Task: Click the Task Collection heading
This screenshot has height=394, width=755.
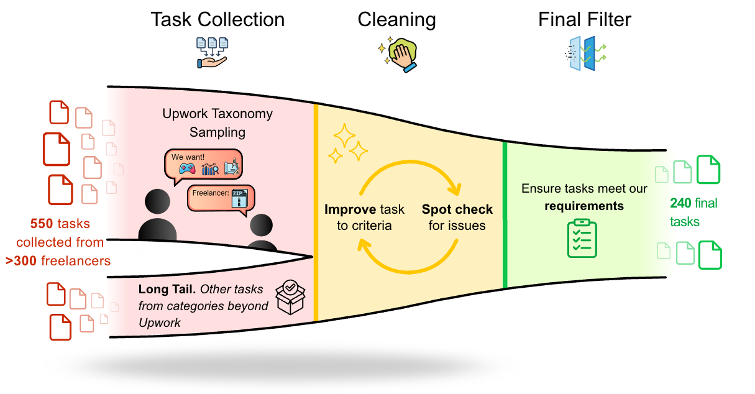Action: pos(217,19)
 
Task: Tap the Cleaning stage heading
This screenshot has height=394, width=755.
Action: pos(396,19)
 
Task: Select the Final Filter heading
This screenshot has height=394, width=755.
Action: pos(584,19)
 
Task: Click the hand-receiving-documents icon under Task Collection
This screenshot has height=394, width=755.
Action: pos(211,52)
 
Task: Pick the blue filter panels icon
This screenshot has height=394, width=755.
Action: pos(584,52)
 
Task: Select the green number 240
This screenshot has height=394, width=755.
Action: pos(680,203)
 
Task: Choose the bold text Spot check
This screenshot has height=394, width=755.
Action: pos(457,209)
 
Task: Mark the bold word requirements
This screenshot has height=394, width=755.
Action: pos(583,206)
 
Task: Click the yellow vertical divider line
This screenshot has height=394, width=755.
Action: pos(316,211)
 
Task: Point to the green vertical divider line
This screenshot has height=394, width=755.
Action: pos(505,214)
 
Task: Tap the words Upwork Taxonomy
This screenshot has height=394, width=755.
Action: pos(217,114)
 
